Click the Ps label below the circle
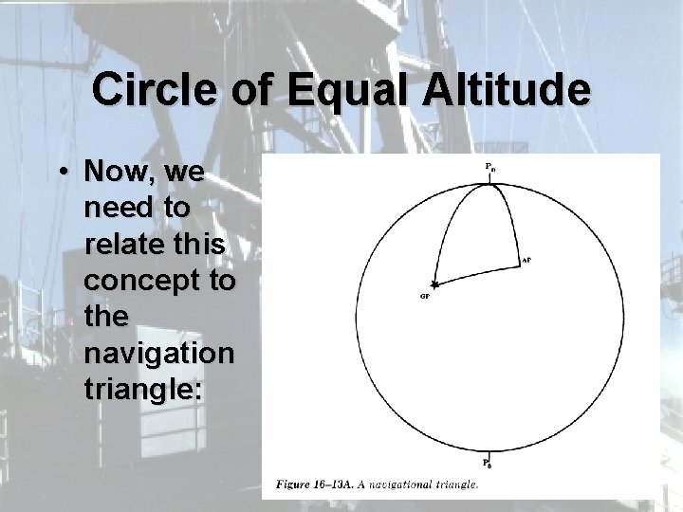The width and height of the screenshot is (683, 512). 488,464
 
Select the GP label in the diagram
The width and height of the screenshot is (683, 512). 425,296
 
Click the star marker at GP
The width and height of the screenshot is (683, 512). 434,283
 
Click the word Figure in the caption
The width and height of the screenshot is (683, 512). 293,485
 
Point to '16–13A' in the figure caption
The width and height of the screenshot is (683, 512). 337,485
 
